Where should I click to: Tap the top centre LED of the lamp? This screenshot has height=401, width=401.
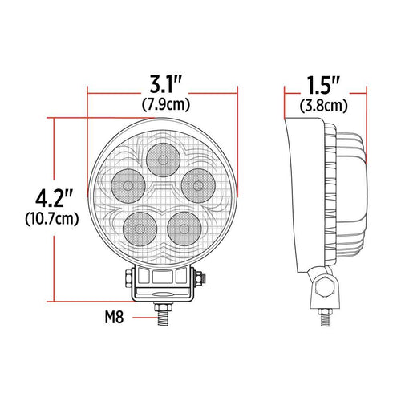point(163,160)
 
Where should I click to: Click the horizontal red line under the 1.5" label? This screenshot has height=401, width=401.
point(323,94)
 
